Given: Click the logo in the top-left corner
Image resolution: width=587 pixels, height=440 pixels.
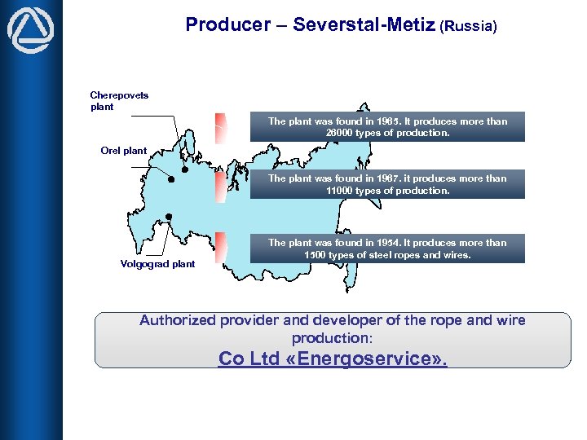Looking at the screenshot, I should pyautogui.click(x=30, y=32).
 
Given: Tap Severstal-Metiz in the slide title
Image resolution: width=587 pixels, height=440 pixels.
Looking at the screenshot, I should pyautogui.click(x=364, y=24).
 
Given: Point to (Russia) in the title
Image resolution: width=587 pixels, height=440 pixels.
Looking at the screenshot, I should pyautogui.click(x=468, y=26).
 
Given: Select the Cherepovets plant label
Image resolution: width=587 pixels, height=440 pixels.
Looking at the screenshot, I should pyautogui.click(x=119, y=101).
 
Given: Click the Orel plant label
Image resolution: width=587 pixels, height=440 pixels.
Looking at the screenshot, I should pyautogui.click(x=124, y=151).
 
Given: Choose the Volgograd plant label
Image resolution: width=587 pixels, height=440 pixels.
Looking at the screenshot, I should pyautogui.click(x=157, y=264).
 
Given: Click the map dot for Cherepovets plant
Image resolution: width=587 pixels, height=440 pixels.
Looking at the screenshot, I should pyautogui.click(x=184, y=170).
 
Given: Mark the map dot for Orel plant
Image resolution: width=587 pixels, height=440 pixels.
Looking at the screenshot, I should pyautogui.click(x=171, y=179).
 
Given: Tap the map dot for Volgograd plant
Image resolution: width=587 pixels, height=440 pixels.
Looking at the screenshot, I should pyautogui.click(x=168, y=217).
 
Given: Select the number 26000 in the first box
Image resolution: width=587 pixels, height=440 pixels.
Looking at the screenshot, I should pyautogui.click(x=342, y=133).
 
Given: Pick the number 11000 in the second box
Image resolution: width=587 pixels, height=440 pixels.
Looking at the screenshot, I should pyautogui.click(x=342, y=191).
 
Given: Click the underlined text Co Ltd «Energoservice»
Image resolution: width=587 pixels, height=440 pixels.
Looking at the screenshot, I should pyautogui.click(x=333, y=359).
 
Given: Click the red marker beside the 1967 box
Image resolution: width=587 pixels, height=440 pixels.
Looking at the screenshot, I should pyautogui.click(x=220, y=186).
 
